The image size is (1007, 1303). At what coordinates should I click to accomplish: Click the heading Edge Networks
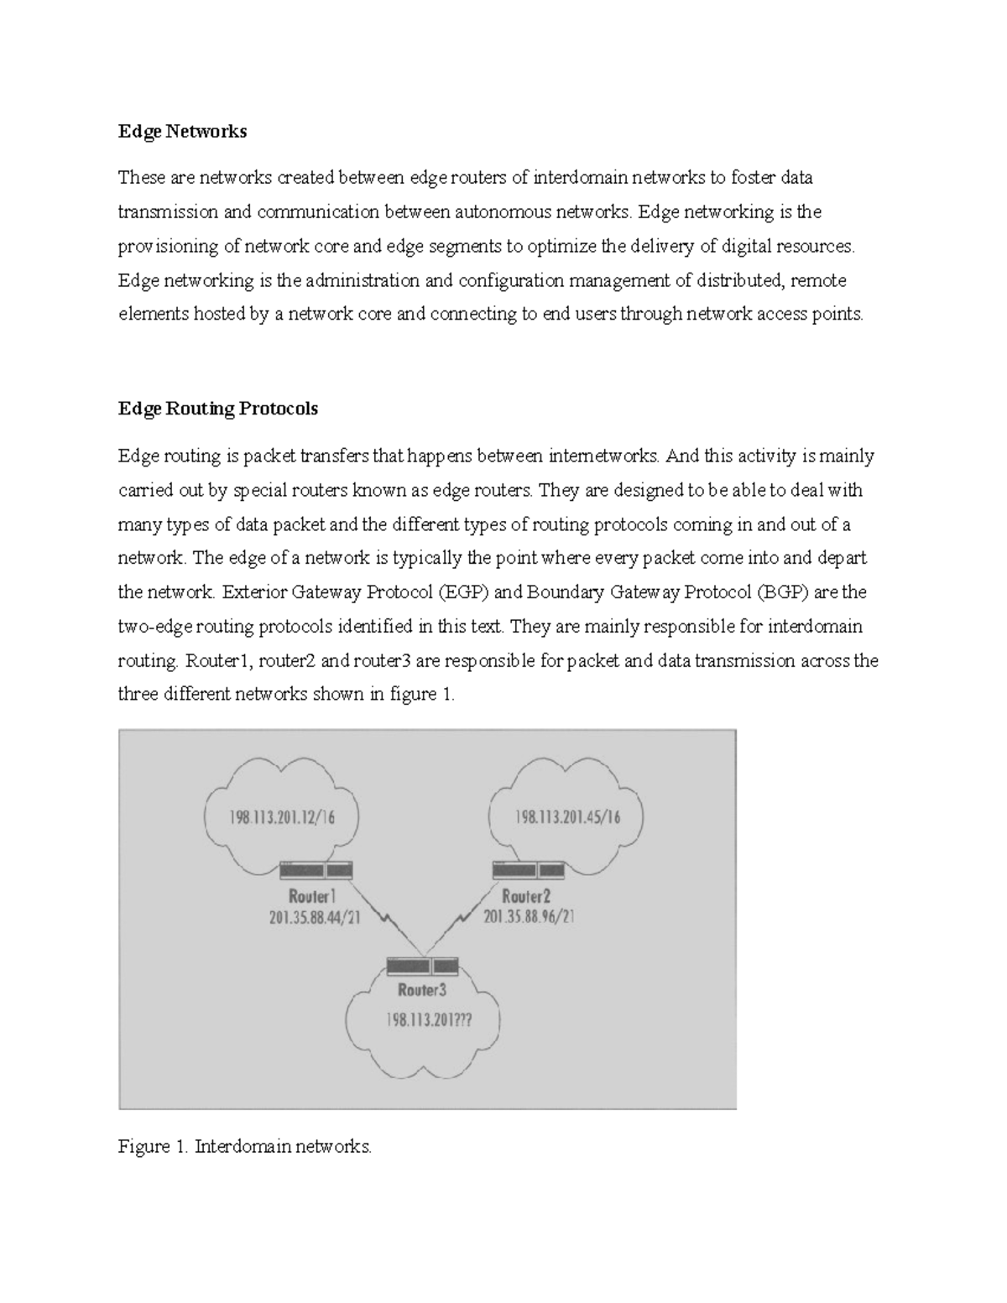coord(182,131)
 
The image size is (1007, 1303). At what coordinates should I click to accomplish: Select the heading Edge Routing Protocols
coord(218,409)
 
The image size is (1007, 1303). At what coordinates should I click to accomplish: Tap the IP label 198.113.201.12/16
coord(282,816)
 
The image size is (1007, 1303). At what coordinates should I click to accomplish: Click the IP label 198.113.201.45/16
coord(567,816)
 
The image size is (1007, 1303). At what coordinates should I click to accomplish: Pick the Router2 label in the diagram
coord(526,896)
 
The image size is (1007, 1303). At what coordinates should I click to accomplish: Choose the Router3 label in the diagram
coord(422,990)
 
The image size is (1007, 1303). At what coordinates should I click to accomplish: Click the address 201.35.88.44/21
coord(315,918)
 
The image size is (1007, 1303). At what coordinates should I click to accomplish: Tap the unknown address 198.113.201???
coord(428,1020)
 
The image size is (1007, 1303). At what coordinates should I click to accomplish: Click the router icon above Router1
coord(316,870)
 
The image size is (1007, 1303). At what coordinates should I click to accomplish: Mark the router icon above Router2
coord(529,870)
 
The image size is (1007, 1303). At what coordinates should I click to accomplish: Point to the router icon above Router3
coord(423,965)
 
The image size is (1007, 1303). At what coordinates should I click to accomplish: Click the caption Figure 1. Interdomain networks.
coord(244,1146)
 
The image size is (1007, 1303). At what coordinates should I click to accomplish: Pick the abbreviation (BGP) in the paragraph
coord(782,592)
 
